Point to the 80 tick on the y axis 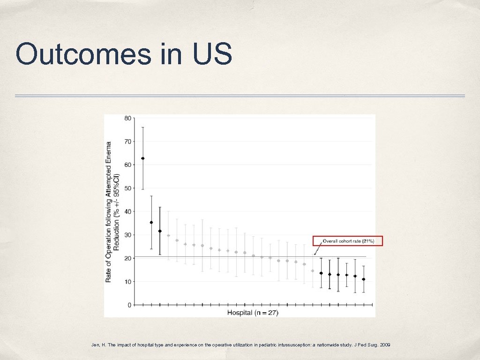127,118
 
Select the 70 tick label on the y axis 127,142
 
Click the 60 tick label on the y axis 127,165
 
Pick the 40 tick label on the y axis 127,211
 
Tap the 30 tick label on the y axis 127,235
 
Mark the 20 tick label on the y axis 127,258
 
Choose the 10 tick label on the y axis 127,282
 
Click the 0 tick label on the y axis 129,305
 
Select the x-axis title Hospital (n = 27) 253,313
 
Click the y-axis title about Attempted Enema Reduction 112,212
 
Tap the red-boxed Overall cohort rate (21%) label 348,241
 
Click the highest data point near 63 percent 143,158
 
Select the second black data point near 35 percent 151,222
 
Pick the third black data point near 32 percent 160,231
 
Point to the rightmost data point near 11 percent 363,279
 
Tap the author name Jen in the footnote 95,345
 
